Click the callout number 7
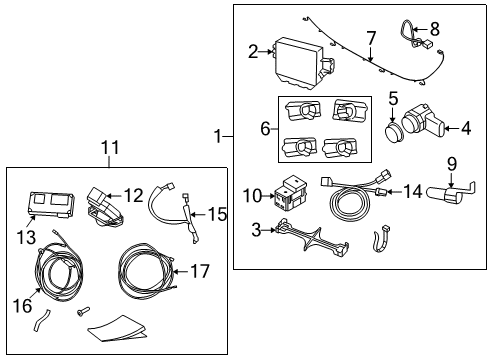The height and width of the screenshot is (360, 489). click(x=371, y=39)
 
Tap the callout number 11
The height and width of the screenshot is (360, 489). click(x=110, y=148)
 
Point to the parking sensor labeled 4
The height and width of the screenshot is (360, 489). click(x=423, y=122)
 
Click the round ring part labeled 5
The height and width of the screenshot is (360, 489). click(x=394, y=132)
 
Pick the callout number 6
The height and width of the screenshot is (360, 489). click(x=265, y=129)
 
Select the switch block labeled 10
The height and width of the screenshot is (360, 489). click(x=289, y=193)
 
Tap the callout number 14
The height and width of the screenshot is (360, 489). click(x=413, y=191)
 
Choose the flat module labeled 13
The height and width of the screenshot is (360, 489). click(x=51, y=204)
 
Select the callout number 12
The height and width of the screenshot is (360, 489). click(x=133, y=195)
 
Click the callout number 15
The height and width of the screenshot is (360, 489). click(x=217, y=214)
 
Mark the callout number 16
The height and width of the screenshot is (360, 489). click(x=23, y=306)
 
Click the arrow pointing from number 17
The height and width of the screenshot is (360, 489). click(x=181, y=272)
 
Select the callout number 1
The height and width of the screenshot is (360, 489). click(x=218, y=136)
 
